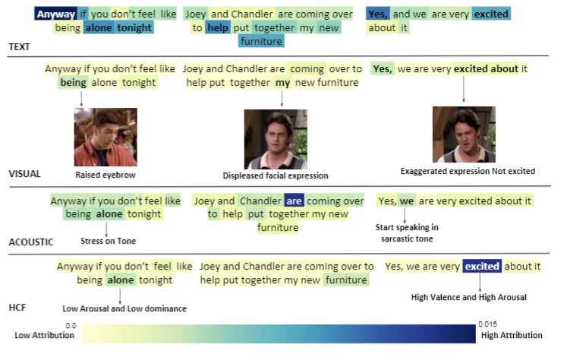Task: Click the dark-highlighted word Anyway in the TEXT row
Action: [55, 14]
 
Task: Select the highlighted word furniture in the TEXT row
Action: [261, 41]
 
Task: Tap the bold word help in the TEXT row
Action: [218, 27]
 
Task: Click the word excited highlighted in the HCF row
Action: [482, 266]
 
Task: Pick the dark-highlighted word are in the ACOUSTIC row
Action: [294, 201]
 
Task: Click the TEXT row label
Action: [20, 47]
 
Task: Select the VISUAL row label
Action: [24, 174]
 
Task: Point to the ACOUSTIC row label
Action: [31, 242]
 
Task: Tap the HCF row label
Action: [17, 308]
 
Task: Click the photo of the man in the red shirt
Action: [106, 137]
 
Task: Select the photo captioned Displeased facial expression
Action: [276, 140]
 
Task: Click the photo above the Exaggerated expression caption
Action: [464, 134]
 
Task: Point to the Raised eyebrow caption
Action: [106, 175]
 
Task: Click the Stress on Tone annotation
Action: [108, 241]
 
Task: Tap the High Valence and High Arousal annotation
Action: [468, 297]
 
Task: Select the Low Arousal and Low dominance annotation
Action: [124, 308]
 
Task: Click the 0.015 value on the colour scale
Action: [488, 324]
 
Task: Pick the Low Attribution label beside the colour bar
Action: [45, 335]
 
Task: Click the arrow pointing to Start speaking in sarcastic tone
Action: [405, 216]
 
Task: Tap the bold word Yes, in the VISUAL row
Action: [383, 69]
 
